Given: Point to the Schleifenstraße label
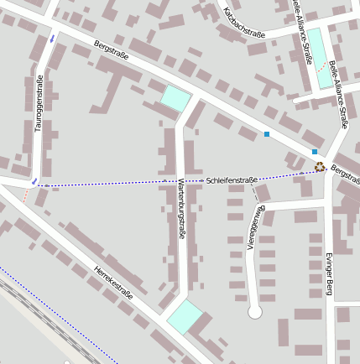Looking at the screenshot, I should coord(231,180).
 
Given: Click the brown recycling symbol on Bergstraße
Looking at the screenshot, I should coord(320,166).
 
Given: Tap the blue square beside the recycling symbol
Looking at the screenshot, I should coord(315,152).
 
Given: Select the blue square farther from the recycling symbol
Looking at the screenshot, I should coord(267,134).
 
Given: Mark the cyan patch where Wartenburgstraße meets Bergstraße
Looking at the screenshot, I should coord(175,97).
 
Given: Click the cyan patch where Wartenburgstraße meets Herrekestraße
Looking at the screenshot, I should coord(185,317).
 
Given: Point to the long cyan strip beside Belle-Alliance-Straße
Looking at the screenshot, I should coord(320,58).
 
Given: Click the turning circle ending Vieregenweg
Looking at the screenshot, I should coord(255,312).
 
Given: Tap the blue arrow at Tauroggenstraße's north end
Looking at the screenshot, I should coord(52,39).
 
